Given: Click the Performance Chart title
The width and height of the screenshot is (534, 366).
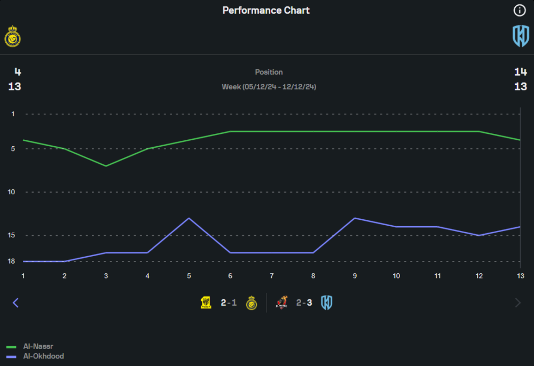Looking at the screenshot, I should (x=266, y=11).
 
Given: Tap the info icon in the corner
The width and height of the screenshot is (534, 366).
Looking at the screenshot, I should (x=520, y=10).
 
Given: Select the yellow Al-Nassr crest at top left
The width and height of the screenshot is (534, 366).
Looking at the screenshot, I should (x=12, y=37).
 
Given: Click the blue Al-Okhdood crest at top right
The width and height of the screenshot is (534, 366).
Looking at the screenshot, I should (x=521, y=36).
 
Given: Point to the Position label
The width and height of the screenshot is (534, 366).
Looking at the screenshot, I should (x=269, y=72).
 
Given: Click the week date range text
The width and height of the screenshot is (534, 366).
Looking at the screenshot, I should (x=269, y=86).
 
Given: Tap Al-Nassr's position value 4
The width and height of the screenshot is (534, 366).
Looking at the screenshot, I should (x=18, y=72).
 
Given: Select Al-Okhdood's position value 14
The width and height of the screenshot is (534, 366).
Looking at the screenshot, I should (x=521, y=72).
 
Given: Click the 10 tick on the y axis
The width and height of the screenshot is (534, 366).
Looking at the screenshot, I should (x=12, y=192).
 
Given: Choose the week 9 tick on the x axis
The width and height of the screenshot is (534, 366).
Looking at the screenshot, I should (x=355, y=275).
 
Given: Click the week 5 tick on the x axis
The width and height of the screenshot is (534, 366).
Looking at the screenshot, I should (x=189, y=275).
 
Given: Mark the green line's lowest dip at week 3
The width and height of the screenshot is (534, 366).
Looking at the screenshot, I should (x=106, y=166).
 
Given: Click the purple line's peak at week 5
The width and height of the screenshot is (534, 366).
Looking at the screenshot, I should (x=189, y=218).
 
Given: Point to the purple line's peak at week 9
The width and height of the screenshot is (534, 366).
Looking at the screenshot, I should (x=355, y=218).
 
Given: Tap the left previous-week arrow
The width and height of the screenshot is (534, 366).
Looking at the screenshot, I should (x=15, y=303).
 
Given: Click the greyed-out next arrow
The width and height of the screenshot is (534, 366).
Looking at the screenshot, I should (x=517, y=303).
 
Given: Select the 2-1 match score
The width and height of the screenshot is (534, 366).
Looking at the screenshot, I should (x=229, y=303).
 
